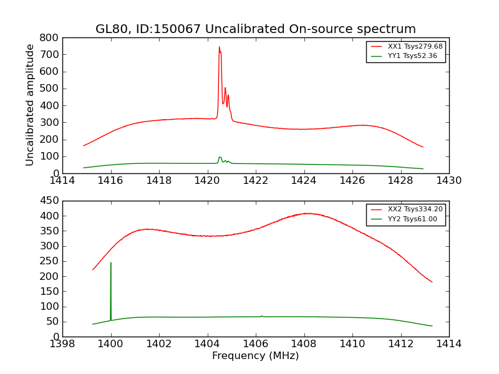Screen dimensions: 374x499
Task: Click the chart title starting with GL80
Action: (255, 29)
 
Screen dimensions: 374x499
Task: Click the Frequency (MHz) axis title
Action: (255, 356)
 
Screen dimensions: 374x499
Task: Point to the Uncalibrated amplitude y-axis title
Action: (30, 105)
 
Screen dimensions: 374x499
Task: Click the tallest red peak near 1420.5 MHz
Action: (219, 47)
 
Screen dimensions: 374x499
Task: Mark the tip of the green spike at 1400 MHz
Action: (111, 262)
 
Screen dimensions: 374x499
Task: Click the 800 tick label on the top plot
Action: (49, 37)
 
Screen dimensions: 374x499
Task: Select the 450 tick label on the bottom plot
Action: (49, 201)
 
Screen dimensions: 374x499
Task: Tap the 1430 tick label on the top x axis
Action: (448, 181)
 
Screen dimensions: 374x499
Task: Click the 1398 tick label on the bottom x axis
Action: (62, 344)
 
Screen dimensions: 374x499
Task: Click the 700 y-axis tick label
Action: (49, 54)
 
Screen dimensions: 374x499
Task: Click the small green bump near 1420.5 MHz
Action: (220, 157)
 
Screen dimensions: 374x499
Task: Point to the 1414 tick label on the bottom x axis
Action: (448, 344)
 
